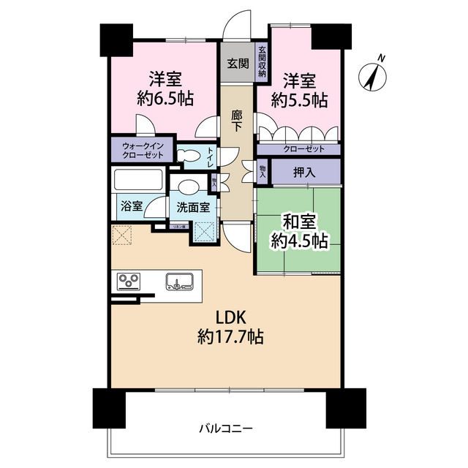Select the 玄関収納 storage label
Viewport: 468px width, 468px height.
[x=262, y=64]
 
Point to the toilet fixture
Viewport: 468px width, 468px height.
[x=188, y=154]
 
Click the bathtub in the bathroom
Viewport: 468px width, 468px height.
[x=139, y=180]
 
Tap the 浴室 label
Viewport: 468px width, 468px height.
[x=132, y=206]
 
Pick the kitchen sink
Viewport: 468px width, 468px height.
[x=178, y=281]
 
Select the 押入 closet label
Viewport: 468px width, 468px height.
[x=305, y=173]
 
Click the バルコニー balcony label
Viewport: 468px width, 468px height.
[x=226, y=429]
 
